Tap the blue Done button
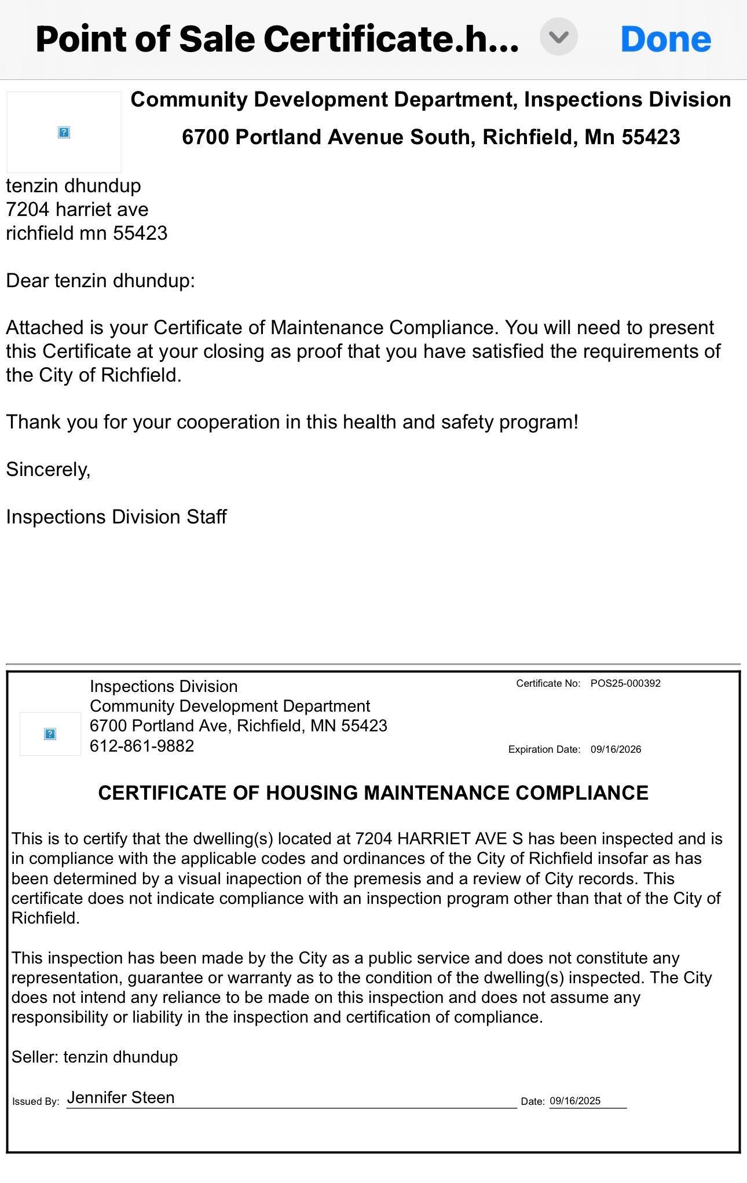click(665, 39)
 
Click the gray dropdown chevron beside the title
click(559, 37)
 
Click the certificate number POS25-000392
click(625, 683)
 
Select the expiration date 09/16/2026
click(616, 749)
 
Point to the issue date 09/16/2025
click(575, 1101)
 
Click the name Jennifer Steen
click(120, 1097)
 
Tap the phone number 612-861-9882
click(142, 746)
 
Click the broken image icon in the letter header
click(64, 133)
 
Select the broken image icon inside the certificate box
click(50, 734)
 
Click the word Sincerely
click(48, 470)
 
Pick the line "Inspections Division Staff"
click(116, 517)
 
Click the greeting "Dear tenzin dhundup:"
click(100, 281)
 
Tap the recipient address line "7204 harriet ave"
click(77, 210)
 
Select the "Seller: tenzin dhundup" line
click(94, 1057)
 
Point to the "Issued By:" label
click(36, 1101)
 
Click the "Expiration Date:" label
click(544, 749)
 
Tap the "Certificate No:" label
click(548, 683)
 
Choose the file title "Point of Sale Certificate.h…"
click(277, 39)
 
